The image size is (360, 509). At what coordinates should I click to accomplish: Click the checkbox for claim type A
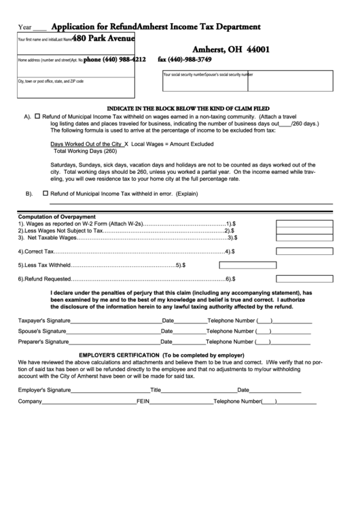coord(38,116)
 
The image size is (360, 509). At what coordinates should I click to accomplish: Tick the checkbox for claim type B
coord(46,193)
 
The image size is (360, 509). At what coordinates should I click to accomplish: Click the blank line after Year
coord(40,29)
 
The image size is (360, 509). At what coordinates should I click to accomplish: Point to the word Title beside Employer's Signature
coord(156,390)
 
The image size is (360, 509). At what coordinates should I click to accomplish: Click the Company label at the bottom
coord(29,402)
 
